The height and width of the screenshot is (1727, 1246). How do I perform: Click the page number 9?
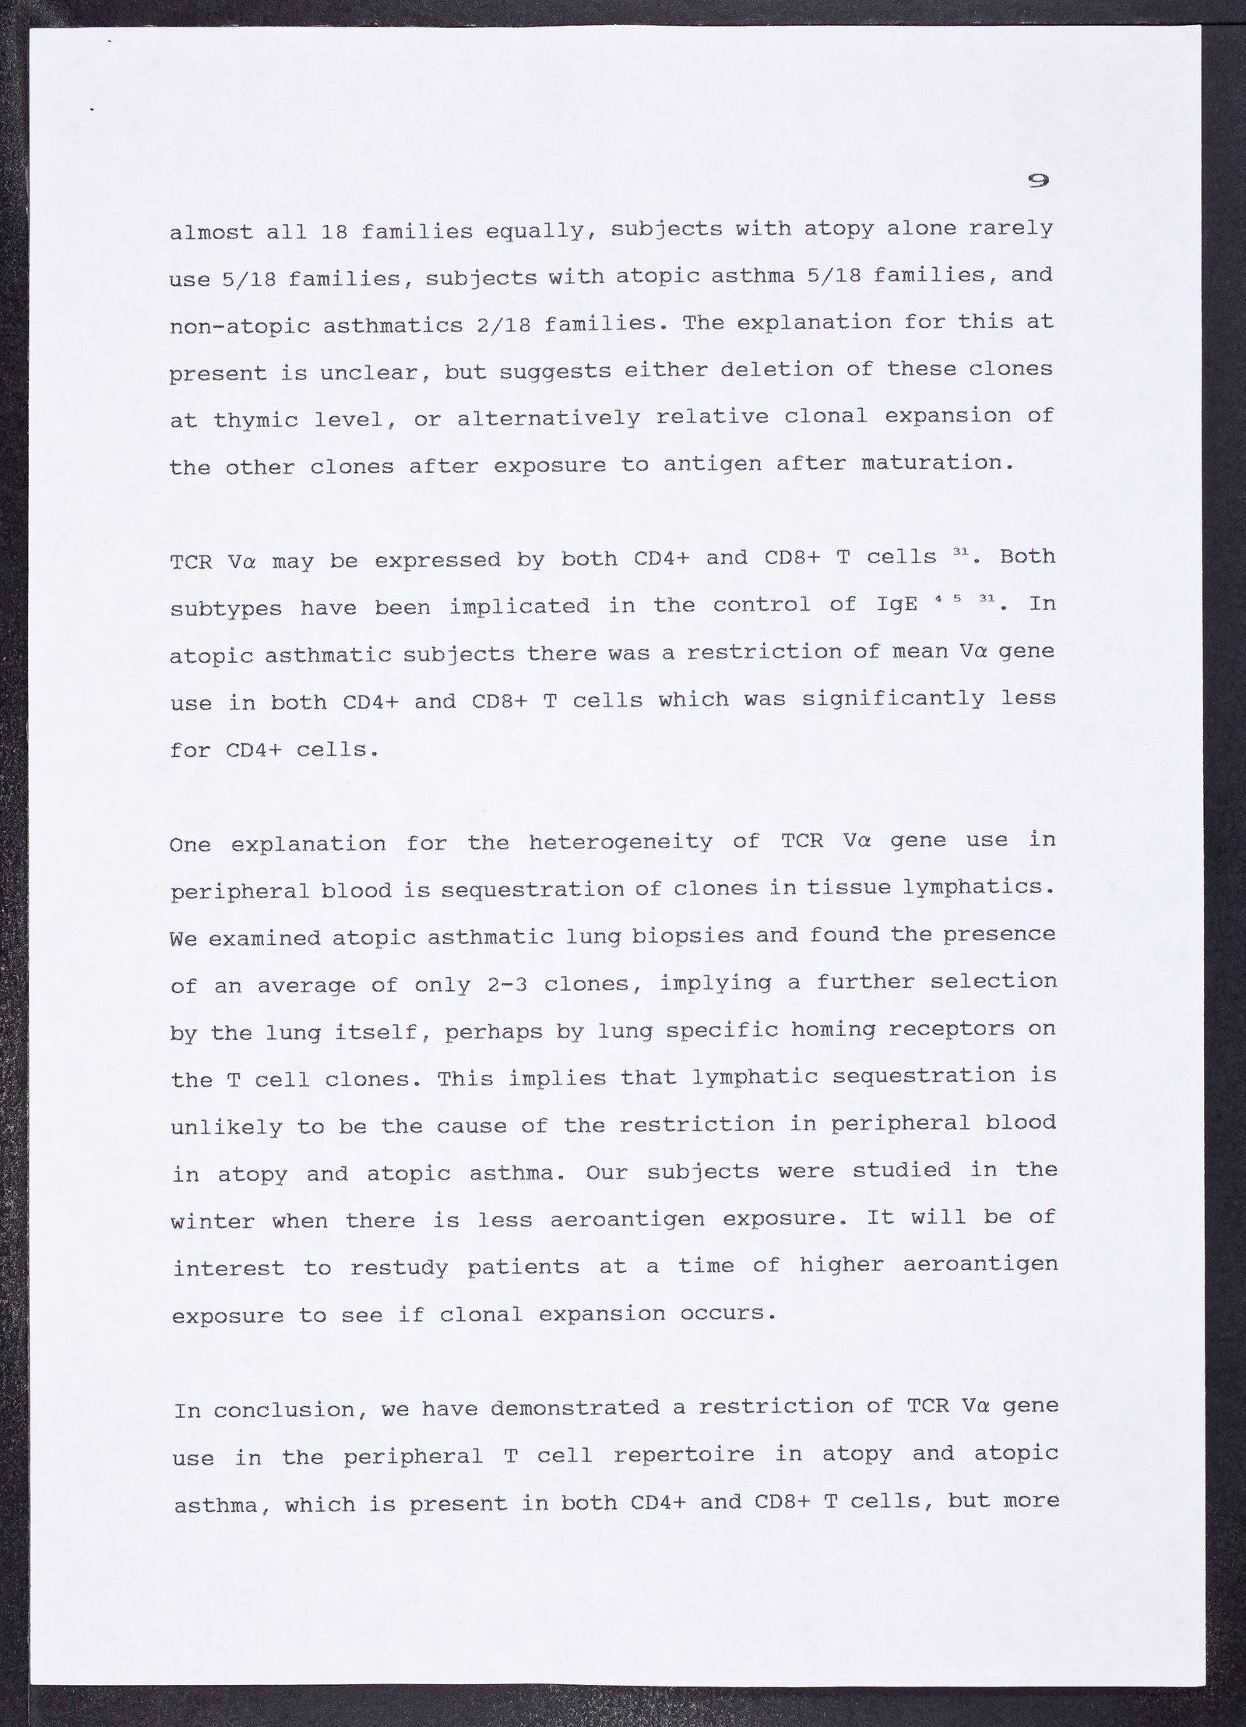pos(1037,181)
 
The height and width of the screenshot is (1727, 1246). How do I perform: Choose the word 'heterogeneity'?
pos(620,842)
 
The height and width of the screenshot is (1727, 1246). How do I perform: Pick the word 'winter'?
pos(212,1221)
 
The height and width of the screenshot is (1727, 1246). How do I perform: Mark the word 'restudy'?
pos(399,1268)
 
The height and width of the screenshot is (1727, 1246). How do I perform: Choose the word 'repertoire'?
pos(683,1455)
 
